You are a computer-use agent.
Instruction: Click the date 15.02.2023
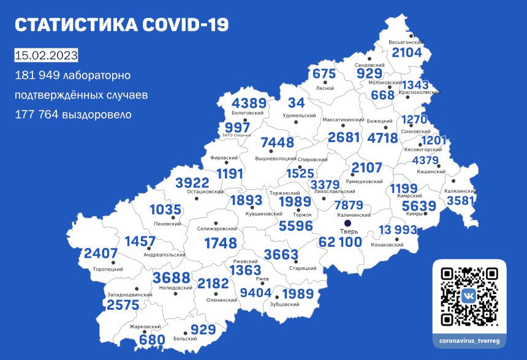pyautogui.click(x=47, y=56)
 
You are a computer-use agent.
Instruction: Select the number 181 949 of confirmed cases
pyautogui.click(x=39, y=76)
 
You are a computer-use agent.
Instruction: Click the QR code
pyautogui.click(x=469, y=296)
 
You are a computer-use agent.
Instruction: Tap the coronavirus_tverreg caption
pyautogui.click(x=469, y=340)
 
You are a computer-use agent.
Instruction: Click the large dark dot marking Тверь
pyautogui.click(x=346, y=231)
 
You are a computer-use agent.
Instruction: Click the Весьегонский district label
pyautogui.click(x=406, y=42)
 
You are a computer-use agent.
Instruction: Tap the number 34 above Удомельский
pyautogui.click(x=296, y=102)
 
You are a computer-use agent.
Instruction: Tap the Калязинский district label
pyautogui.click(x=461, y=190)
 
